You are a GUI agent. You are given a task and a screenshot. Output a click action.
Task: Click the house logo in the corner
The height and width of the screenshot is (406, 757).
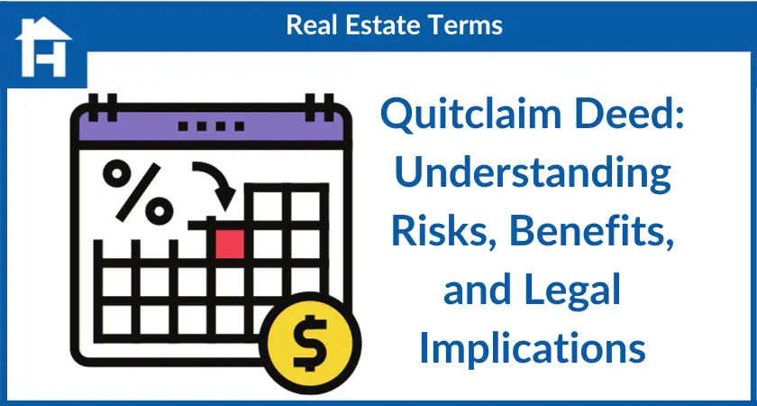pyautogui.click(x=41, y=42)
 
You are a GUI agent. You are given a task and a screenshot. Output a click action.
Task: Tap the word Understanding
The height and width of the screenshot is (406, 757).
pyautogui.click(x=533, y=173)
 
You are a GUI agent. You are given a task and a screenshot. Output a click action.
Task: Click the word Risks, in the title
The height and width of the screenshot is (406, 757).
pyautogui.click(x=439, y=233)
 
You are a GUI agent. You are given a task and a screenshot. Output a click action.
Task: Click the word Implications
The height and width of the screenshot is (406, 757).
pyautogui.click(x=533, y=349)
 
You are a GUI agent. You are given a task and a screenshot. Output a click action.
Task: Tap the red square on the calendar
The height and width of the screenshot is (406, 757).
pyautogui.click(x=230, y=242)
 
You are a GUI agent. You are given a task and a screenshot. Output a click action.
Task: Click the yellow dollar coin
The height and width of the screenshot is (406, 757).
pyautogui.click(x=312, y=340)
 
